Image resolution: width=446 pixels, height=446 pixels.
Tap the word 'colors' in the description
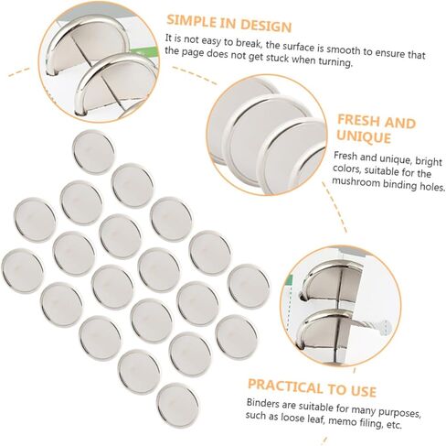pos(352,171)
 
